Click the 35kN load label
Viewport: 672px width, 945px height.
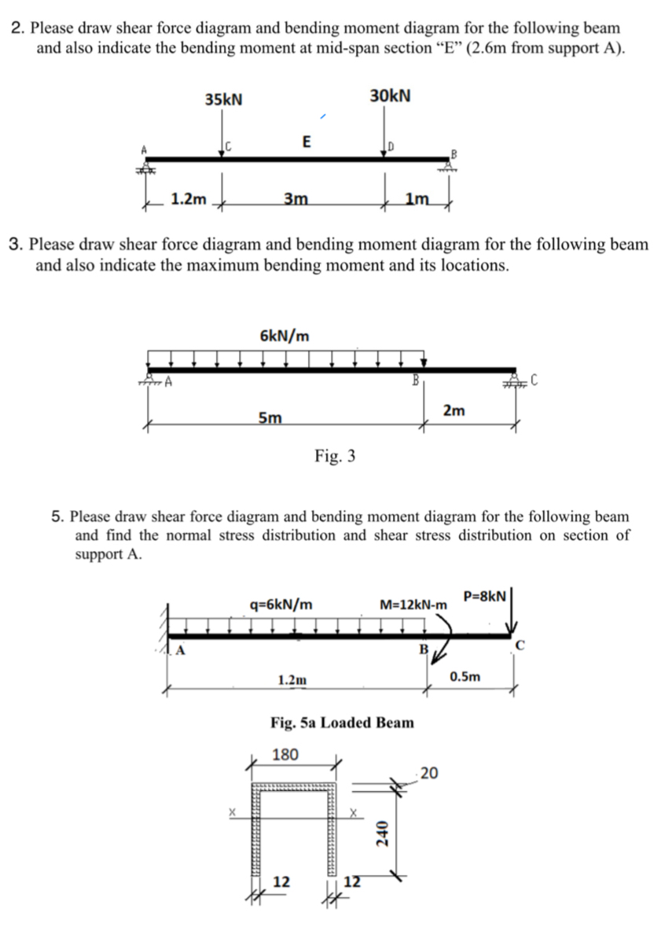[223, 100]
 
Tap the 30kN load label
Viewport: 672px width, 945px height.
[390, 95]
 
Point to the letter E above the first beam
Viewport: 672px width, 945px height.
[306, 142]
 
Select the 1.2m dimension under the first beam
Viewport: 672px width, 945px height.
[189, 200]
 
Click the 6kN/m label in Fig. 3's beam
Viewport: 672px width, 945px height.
[284, 336]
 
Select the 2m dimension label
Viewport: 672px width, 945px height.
[454, 411]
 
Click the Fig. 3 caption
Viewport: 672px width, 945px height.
[335, 455]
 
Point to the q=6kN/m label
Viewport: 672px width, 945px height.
[281, 605]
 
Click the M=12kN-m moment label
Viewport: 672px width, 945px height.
[413, 605]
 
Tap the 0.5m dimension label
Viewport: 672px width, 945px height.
[465, 676]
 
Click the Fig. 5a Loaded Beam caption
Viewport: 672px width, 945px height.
[342, 722]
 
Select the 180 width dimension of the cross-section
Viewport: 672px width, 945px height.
[285, 755]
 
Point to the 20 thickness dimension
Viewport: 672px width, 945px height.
[429, 774]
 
